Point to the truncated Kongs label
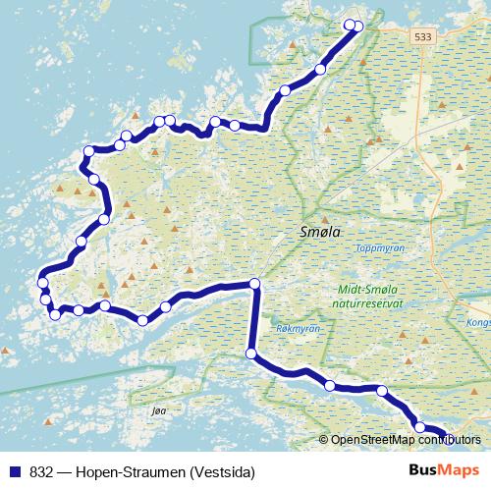[478, 321]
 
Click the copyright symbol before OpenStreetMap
[323, 440]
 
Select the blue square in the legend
[14, 472]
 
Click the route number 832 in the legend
[41, 472]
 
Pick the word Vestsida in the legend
[220, 472]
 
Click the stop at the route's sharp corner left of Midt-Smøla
[254, 285]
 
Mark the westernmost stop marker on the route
[42, 284]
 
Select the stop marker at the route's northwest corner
[88, 151]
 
